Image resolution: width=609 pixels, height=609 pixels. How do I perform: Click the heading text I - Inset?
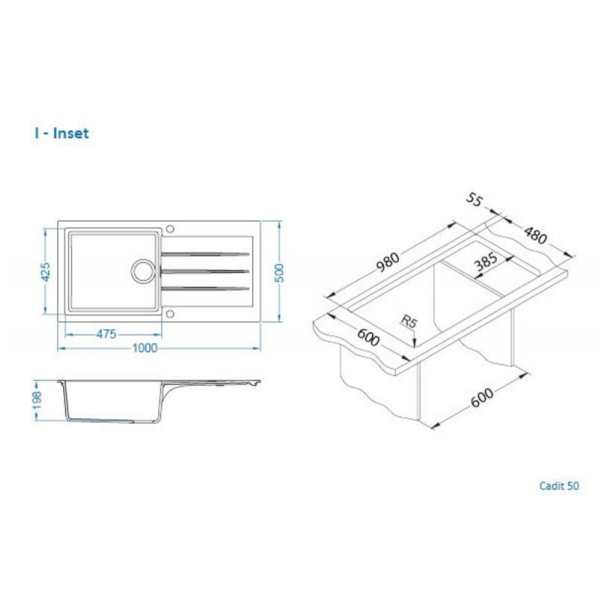click(62, 133)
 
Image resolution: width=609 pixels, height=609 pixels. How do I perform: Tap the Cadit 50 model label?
click(559, 486)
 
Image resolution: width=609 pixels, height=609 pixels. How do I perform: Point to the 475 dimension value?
click(106, 334)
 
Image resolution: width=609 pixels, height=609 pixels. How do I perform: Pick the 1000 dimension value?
click(144, 348)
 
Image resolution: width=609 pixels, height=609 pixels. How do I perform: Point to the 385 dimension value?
click(485, 262)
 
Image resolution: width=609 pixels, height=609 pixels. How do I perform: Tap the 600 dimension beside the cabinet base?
click(482, 400)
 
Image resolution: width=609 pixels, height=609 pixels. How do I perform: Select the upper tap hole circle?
click(169, 229)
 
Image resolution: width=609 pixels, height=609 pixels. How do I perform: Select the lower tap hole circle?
click(169, 314)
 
